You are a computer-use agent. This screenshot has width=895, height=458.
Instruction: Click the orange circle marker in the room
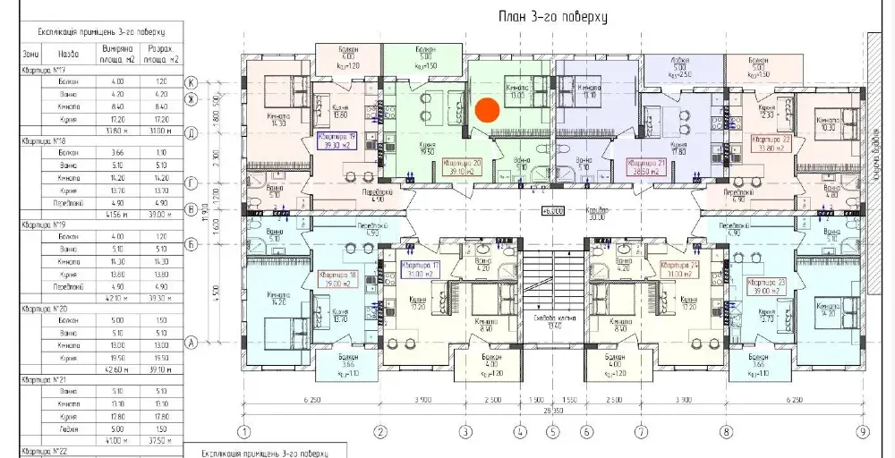487,110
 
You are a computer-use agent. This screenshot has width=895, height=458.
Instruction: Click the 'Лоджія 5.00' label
678,66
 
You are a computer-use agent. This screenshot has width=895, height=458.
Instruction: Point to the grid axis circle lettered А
191,341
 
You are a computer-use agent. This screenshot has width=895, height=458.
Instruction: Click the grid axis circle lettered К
191,82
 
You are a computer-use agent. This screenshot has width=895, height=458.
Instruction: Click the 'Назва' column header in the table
67,53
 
